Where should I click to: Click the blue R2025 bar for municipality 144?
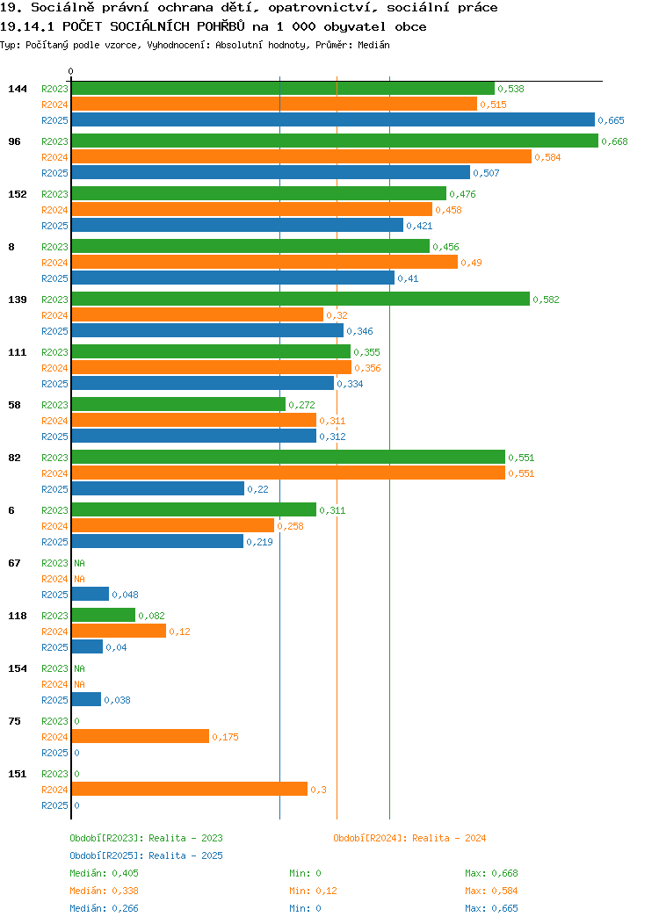pos(333,119)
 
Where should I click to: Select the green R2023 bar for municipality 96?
pos(335,141)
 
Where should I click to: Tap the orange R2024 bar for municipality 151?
pos(190,789)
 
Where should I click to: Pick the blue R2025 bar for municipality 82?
pos(158,488)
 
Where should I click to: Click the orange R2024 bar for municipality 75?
pos(141,736)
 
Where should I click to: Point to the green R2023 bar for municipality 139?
pos(301,299)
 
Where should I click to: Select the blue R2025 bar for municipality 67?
pos(91,594)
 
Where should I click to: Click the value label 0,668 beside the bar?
pos(614,141)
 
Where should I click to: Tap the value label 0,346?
pos(359,331)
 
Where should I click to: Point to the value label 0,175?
pos(225,737)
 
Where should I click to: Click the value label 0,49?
pos(471,263)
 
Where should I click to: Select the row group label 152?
pos(17,194)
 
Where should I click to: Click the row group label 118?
pos(17,616)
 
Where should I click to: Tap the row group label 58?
pos(14,405)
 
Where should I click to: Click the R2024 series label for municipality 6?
pos(54,526)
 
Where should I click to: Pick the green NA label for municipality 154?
pos(80,668)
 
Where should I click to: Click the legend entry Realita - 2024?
pos(409,838)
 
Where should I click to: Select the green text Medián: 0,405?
pos(104,873)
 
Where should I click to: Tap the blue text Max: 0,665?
pos(491,908)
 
